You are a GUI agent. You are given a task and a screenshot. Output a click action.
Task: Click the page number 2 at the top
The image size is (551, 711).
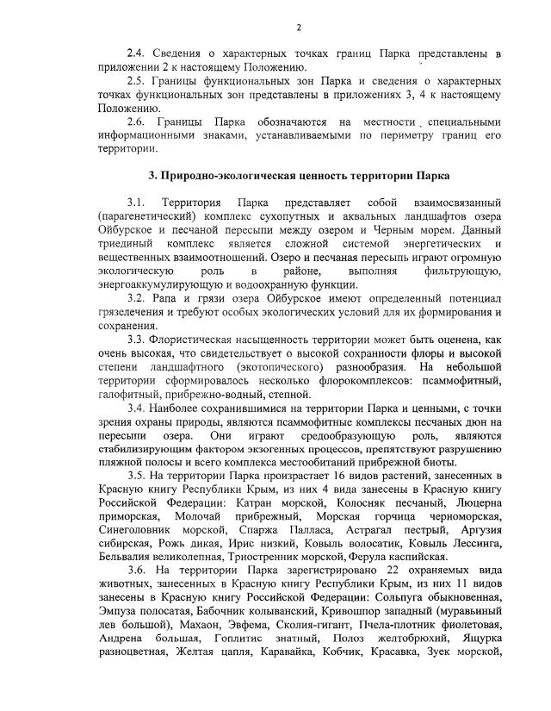pos(298,28)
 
